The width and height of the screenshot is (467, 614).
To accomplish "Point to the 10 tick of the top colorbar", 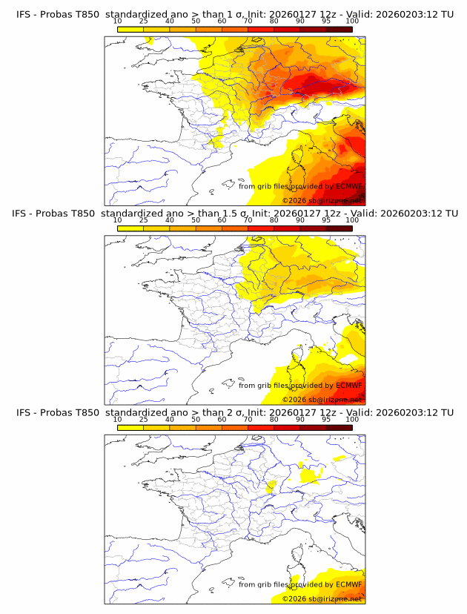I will pos(117,22).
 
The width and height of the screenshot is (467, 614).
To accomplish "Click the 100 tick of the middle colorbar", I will pos(352,220).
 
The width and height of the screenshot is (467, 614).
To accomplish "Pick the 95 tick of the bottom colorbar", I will pos(326,420).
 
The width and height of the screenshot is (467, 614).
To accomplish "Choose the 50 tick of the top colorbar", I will pos(196,22).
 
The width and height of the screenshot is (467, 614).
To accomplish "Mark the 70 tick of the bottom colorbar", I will pos(248,420).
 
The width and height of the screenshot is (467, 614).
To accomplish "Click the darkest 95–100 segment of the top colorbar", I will pos(339,29).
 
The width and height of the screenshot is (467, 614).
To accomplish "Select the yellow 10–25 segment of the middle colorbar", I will pos(130,228).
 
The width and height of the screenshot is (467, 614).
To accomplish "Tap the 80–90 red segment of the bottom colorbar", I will pos(287,427).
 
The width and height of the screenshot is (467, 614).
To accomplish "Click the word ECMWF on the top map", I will pos(348,186).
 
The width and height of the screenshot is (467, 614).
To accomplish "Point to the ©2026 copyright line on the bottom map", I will pos(321,598).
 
